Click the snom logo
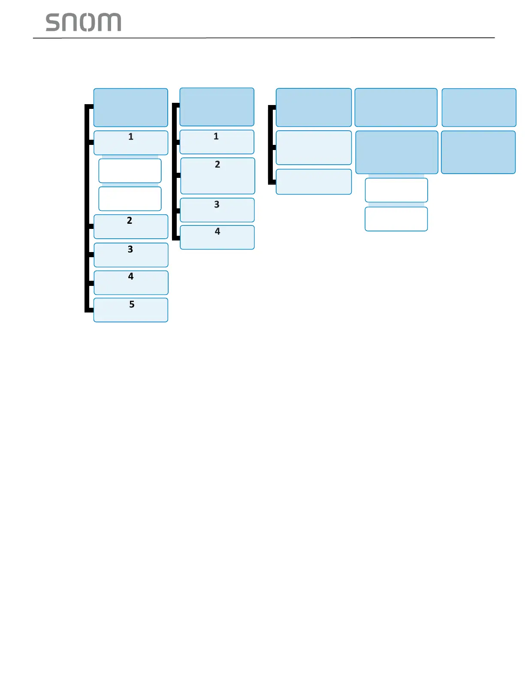click(x=83, y=22)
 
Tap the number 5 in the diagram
click(x=132, y=304)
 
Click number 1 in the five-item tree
click(x=131, y=137)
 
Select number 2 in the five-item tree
click(x=130, y=220)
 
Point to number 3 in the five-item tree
click(x=130, y=249)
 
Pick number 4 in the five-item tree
click(x=131, y=276)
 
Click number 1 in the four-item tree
click(x=216, y=136)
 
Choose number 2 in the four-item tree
click(x=217, y=165)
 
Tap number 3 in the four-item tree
click(x=217, y=204)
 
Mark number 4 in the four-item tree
click(x=217, y=231)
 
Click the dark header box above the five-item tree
click(x=130, y=108)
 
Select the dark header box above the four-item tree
click(x=217, y=107)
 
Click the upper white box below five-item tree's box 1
click(x=130, y=171)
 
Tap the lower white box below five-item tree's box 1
click(x=130, y=198)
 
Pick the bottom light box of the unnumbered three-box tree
click(x=314, y=182)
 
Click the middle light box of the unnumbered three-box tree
click(x=314, y=147)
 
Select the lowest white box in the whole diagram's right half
click(x=396, y=219)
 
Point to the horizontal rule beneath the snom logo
click(x=263, y=38)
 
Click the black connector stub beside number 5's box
click(x=90, y=310)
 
